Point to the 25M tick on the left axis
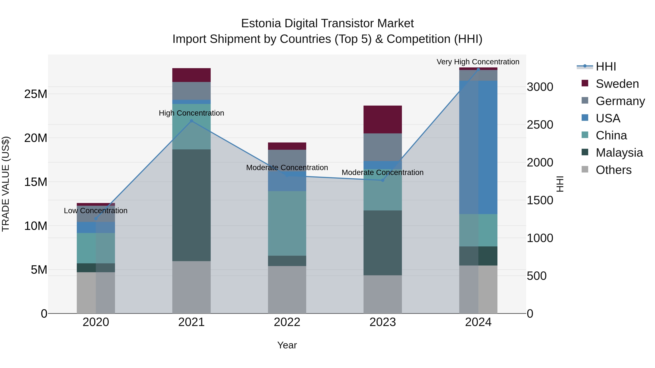(36, 94)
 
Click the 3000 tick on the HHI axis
(540, 87)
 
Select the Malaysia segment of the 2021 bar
(191, 205)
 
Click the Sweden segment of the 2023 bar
(382, 119)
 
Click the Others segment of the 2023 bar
(382, 294)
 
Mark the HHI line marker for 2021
(191, 121)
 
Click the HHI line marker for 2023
(382, 180)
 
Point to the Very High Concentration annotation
(478, 62)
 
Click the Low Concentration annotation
(96, 211)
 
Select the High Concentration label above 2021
(191, 113)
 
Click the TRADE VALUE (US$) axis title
(6, 184)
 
